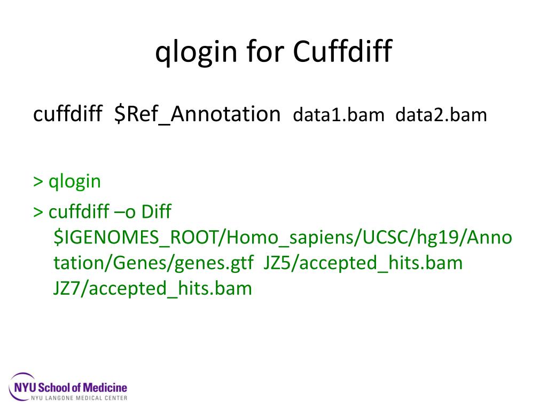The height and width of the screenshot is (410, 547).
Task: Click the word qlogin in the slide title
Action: (196, 53)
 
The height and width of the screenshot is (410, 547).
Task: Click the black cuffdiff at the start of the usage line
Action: (67, 114)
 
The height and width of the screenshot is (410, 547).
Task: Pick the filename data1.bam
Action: (339, 115)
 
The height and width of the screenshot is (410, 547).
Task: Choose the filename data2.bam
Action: (441, 115)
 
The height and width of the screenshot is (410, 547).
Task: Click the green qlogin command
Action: (75, 182)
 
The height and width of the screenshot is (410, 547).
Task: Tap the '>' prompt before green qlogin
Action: (38, 182)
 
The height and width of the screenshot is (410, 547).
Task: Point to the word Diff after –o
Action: (156, 212)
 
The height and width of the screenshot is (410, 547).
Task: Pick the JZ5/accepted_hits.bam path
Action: (363, 263)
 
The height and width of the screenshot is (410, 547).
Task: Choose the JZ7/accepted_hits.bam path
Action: (152, 289)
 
